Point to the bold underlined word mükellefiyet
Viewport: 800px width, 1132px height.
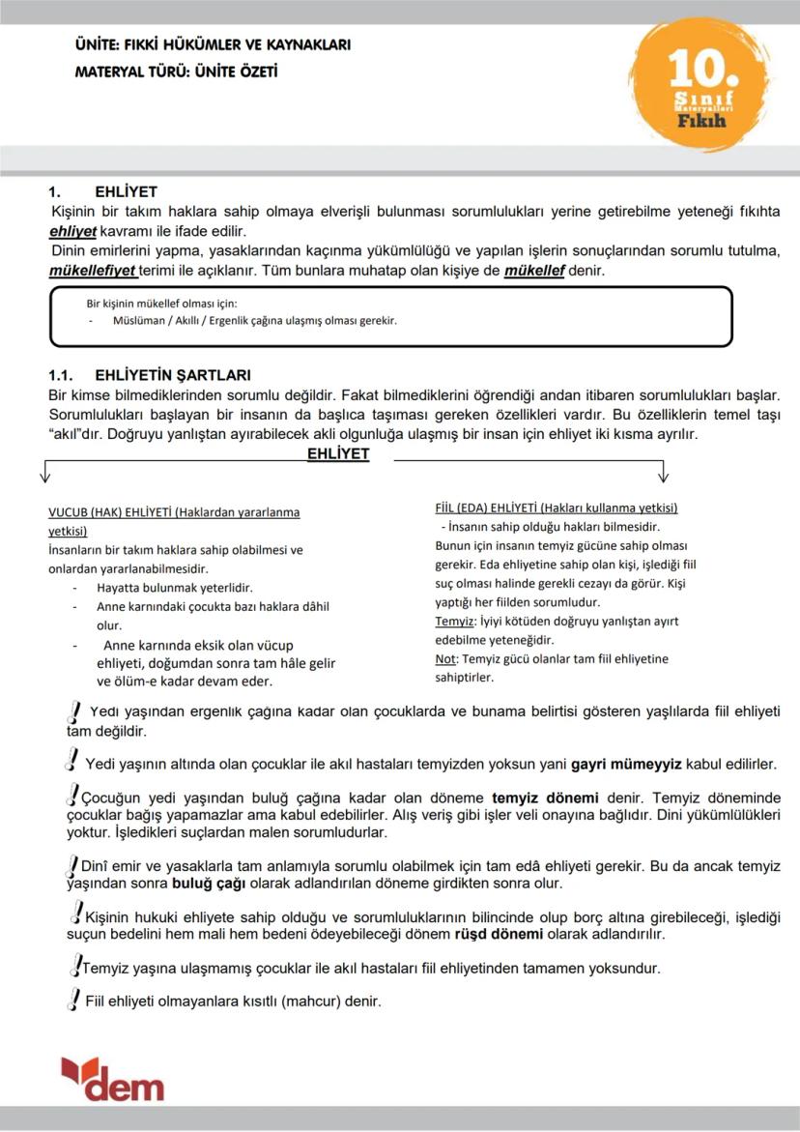point(93,271)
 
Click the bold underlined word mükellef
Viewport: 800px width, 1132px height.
point(534,271)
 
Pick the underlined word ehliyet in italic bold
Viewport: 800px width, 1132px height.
point(72,232)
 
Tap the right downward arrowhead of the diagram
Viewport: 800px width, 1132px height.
point(664,475)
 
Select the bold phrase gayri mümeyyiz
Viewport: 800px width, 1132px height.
point(626,764)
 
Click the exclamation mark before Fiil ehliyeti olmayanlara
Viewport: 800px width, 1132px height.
point(72,1000)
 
